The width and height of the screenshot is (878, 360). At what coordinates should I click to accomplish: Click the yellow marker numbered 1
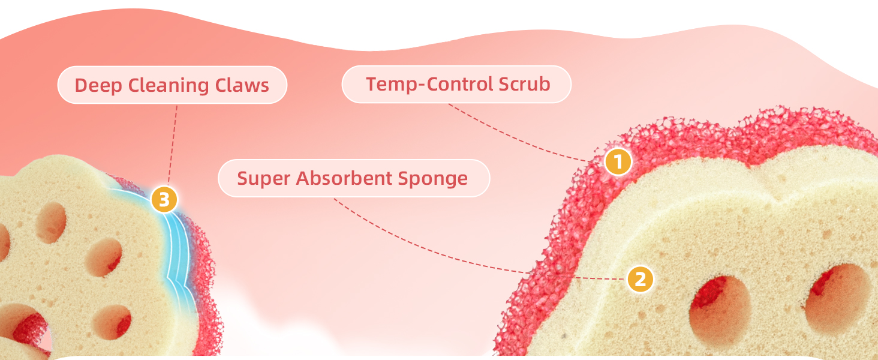pyautogui.click(x=618, y=161)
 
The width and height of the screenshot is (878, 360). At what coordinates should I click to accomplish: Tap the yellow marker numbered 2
pyautogui.click(x=640, y=280)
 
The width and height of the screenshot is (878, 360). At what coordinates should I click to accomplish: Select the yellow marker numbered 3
pyautogui.click(x=164, y=199)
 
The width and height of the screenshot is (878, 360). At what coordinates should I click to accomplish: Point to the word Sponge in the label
pyautogui.click(x=437, y=178)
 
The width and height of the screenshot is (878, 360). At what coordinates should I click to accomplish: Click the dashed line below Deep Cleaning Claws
pyautogui.click(x=173, y=144)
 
